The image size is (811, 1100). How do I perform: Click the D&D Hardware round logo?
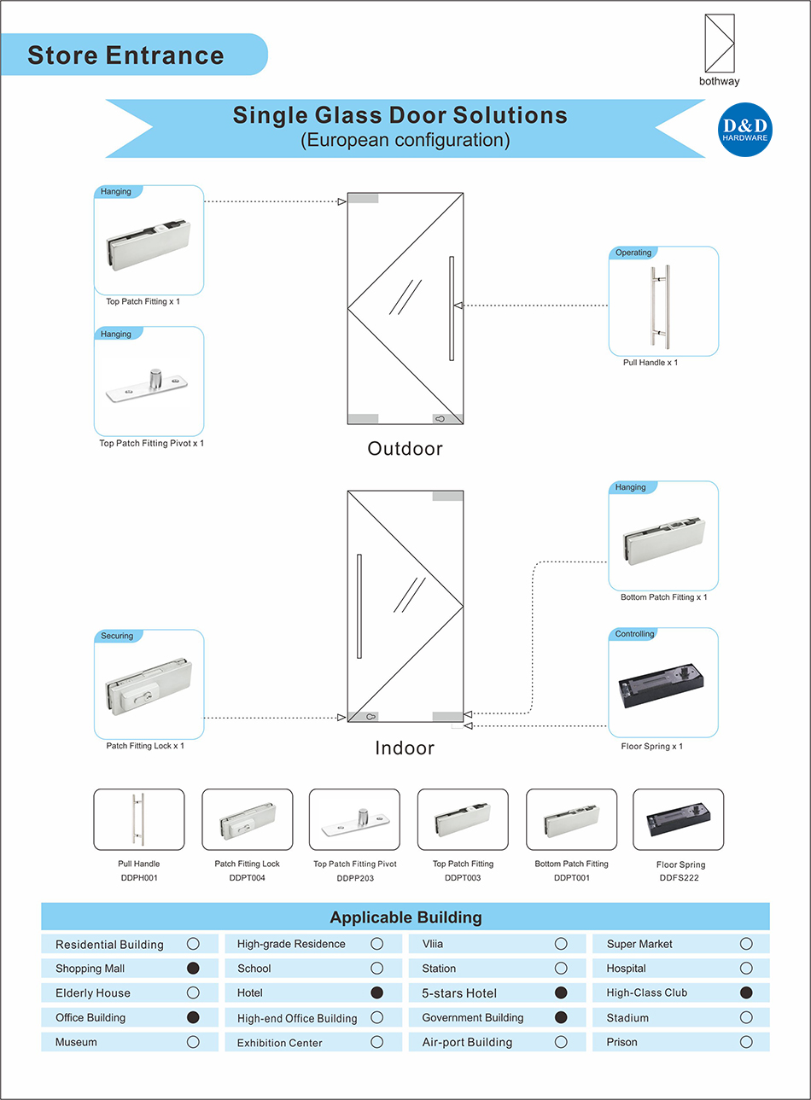coord(745,131)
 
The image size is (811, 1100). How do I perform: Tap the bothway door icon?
coord(719,44)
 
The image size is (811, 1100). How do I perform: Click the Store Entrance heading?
coord(125,55)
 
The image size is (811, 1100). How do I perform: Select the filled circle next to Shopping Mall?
coord(193,968)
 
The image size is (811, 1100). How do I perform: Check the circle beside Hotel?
coord(376,992)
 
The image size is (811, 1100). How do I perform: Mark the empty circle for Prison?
coord(746,1042)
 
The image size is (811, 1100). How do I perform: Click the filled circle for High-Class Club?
coord(746,992)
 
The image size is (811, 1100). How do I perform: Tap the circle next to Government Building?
coord(561,1017)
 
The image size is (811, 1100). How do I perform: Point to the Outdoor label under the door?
coord(405,449)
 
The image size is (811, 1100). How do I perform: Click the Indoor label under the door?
coord(405,748)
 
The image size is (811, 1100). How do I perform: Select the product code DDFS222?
coord(679,877)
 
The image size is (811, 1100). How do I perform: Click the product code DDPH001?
coord(139,877)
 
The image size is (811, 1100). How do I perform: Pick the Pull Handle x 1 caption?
coord(651,363)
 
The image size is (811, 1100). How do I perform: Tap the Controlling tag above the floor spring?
coord(634,634)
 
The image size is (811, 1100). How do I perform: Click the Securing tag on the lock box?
coord(117,636)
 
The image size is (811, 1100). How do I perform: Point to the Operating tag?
coord(633,253)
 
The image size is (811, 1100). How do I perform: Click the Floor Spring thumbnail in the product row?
coord(678,819)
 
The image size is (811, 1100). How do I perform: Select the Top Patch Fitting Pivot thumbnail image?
coord(354,819)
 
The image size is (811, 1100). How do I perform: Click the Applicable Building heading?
coord(405,917)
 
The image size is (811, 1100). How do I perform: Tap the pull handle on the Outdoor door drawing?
coord(452,307)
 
